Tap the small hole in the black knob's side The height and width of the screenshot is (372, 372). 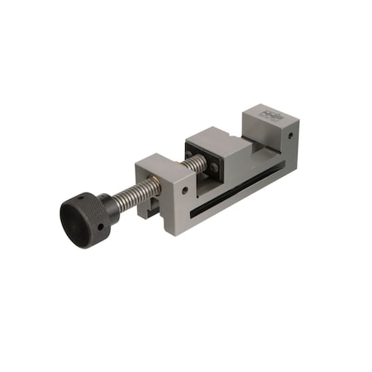tap(99, 225)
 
